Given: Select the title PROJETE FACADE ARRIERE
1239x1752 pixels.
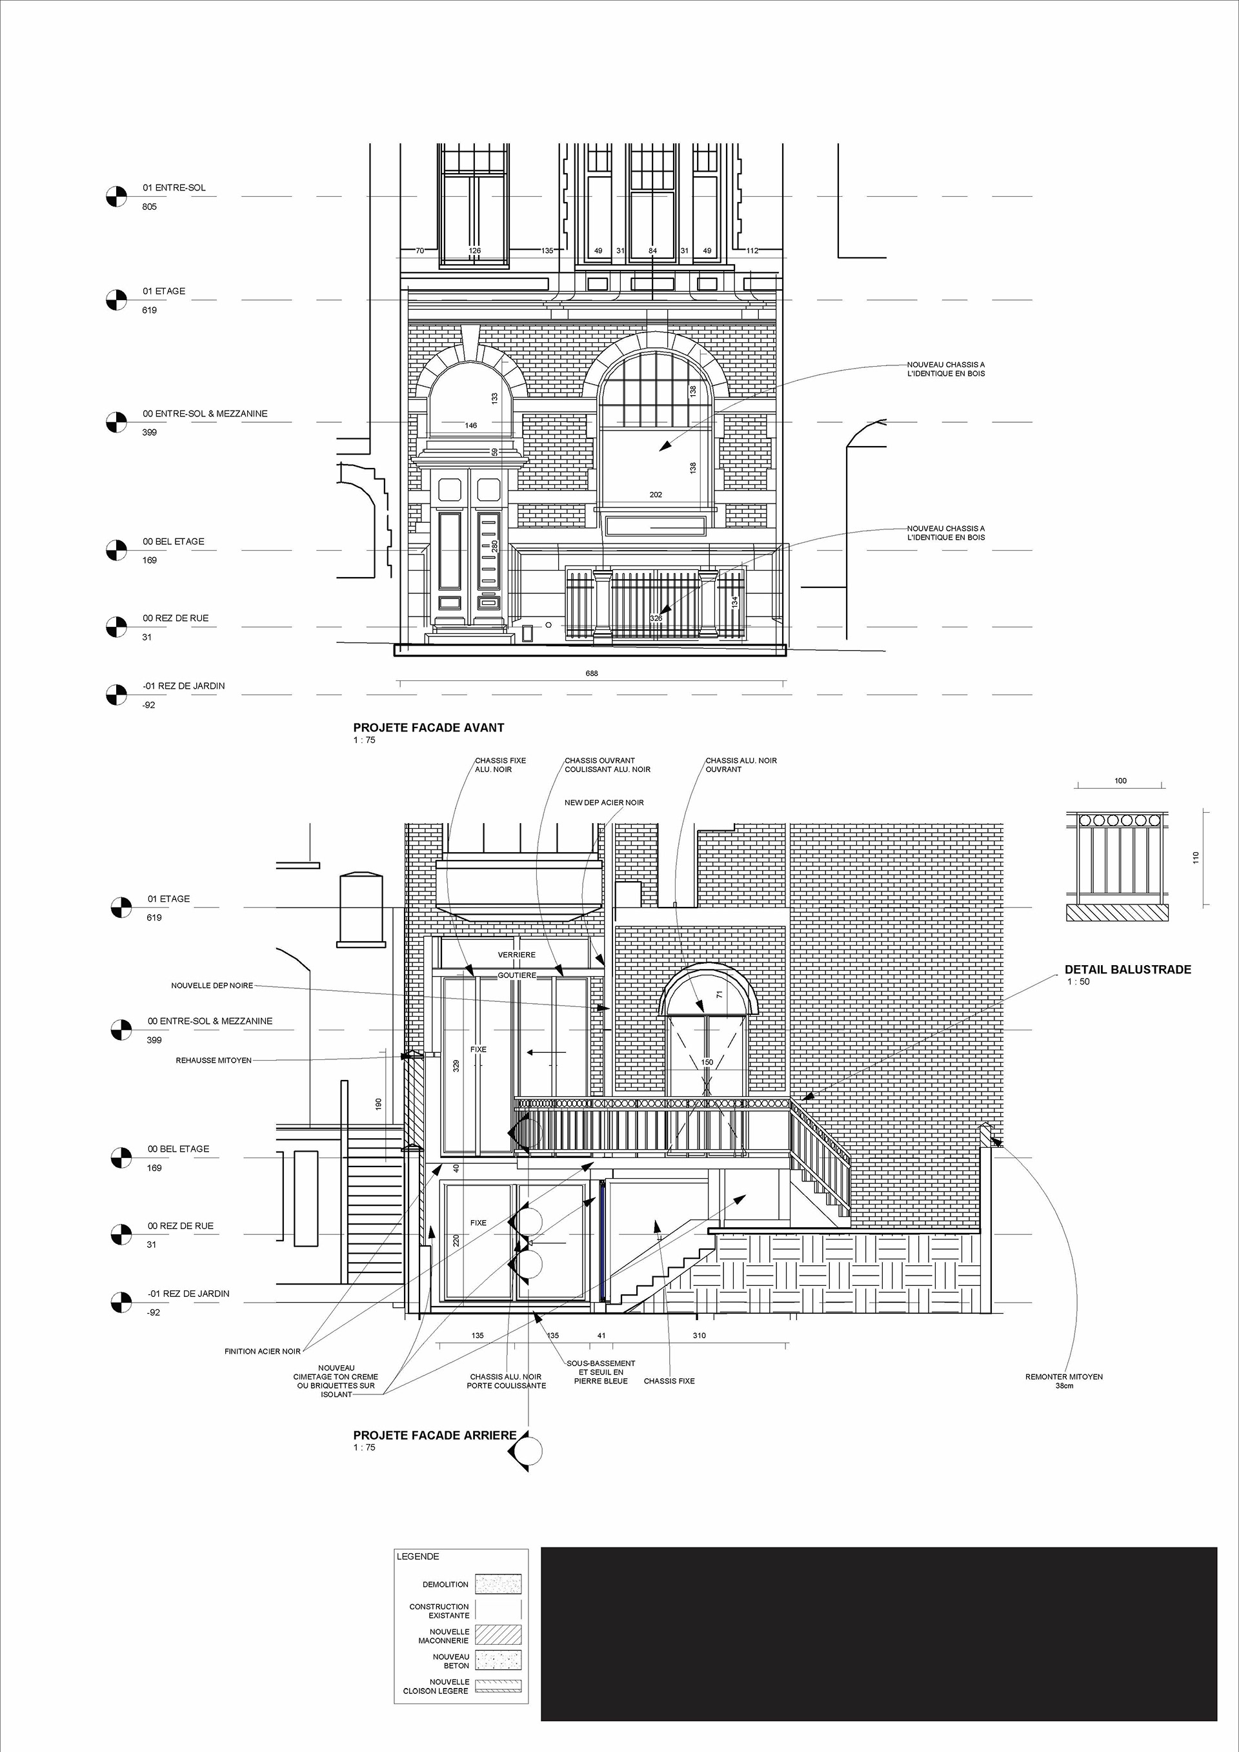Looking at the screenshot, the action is point(435,1435).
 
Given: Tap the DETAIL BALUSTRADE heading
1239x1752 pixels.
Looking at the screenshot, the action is point(1127,970).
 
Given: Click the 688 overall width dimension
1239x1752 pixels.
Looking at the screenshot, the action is point(591,673).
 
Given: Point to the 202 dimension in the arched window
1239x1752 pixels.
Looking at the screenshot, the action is point(656,494).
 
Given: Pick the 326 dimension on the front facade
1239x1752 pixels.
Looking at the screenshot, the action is point(656,618).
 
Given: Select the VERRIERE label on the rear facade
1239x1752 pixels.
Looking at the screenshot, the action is point(516,955).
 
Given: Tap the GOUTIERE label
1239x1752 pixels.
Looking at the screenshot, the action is point(516,975).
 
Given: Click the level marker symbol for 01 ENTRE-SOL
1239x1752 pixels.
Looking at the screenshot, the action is point(116,196).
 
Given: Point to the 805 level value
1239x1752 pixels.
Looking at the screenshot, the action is point(150,207).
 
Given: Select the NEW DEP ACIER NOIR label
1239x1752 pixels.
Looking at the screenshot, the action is point(604,803).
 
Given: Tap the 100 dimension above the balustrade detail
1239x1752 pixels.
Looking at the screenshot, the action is point(1120,780).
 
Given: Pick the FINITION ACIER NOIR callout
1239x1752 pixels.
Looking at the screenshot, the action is point(263,1351).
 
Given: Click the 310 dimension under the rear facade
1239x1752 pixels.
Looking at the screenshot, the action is point(699,1336).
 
